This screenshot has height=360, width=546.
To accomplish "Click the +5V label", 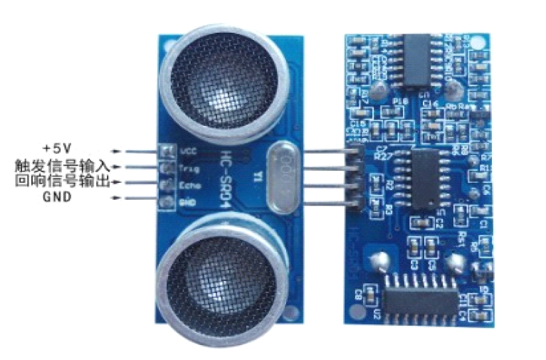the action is click(58, 148).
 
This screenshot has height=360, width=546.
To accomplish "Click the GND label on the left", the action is click(57, 197).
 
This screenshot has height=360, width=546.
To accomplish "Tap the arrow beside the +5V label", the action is click(118, 151).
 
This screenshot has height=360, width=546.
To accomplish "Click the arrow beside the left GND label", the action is click(118, 198).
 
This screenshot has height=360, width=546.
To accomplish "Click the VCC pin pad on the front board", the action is click(167, 151).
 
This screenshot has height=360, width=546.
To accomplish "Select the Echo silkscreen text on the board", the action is click(190, 185).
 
